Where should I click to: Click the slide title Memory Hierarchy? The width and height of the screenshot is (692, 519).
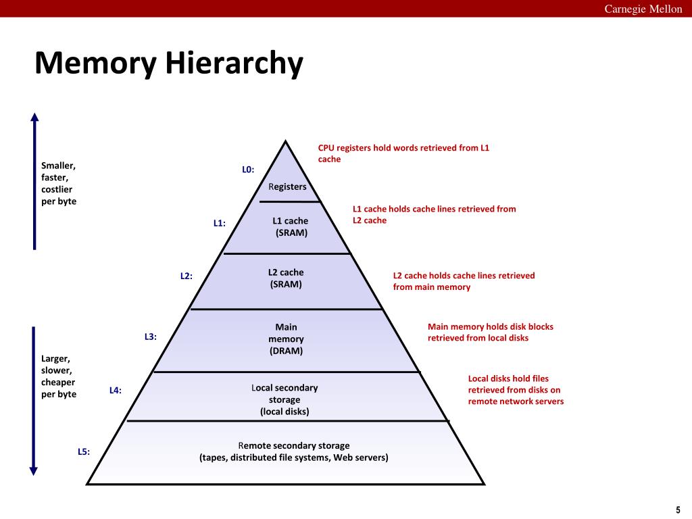168,63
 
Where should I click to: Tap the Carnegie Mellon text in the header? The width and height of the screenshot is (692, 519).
643,9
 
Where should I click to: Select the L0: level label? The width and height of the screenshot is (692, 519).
248,170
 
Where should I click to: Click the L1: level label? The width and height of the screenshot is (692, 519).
220,223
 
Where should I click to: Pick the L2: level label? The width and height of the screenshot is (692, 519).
187,276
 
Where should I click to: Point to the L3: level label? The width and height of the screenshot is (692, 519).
151,337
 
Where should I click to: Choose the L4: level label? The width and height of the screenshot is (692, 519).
115,390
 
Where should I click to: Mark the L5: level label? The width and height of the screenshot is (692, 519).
84,451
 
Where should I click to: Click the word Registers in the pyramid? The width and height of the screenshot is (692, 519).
287,187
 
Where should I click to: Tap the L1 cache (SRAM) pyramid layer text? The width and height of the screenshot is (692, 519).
291,227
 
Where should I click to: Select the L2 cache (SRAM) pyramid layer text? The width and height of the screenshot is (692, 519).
286,278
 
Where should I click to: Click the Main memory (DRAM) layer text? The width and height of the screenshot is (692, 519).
286,339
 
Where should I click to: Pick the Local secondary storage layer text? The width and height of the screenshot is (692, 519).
285,399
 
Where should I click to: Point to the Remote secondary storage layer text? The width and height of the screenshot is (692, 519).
294,451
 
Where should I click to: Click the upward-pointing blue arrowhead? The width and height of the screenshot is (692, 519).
34,117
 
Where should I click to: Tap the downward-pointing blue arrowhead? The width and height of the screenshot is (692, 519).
34,471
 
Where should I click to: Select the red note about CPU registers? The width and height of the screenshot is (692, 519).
404,153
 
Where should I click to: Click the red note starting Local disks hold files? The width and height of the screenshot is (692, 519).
516,390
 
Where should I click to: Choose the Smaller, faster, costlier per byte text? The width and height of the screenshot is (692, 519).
59,183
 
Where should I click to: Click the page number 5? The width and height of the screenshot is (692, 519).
678,510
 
